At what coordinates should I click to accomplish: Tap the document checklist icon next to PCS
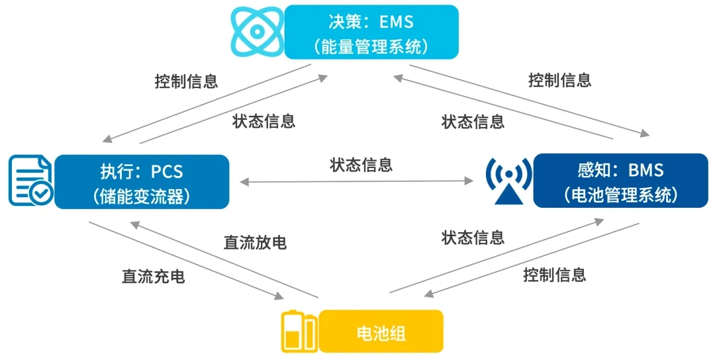(31, 181)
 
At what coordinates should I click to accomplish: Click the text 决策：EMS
(371, 21)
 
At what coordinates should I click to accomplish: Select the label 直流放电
(255, 243)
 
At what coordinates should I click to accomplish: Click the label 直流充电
(153, 277)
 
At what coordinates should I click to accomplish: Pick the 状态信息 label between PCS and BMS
(361, 165)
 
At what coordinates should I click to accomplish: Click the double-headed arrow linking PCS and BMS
(358, 181)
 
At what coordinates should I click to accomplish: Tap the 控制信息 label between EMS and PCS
(186, 81)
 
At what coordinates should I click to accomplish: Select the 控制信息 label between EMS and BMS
(559, 81)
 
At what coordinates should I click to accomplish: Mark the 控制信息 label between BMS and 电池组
(554, 274)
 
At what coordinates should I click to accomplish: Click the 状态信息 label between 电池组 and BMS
(473, 237)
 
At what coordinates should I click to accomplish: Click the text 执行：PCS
(142, 171)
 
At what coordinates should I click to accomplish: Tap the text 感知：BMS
(620, 170)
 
